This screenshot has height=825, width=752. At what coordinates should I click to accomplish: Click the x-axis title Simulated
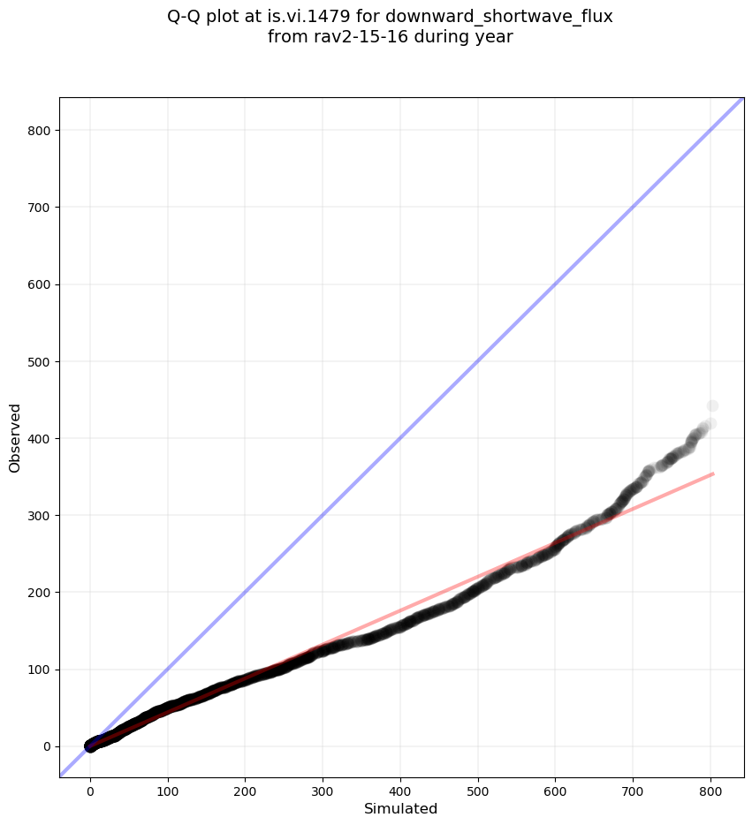pos(401,808)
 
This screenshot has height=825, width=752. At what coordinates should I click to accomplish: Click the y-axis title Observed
pos(15,437)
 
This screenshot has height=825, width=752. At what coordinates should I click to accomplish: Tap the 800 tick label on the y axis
pos(37,131)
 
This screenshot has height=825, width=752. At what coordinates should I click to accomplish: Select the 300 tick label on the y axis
pos(37,516)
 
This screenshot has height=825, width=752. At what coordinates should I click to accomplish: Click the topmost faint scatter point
pos(712,406)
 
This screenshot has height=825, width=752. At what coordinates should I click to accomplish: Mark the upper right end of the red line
pos(712,473)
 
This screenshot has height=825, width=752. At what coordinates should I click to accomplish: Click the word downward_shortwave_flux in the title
pos(499,17)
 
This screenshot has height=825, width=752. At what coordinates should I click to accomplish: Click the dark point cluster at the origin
pos(90,746)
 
